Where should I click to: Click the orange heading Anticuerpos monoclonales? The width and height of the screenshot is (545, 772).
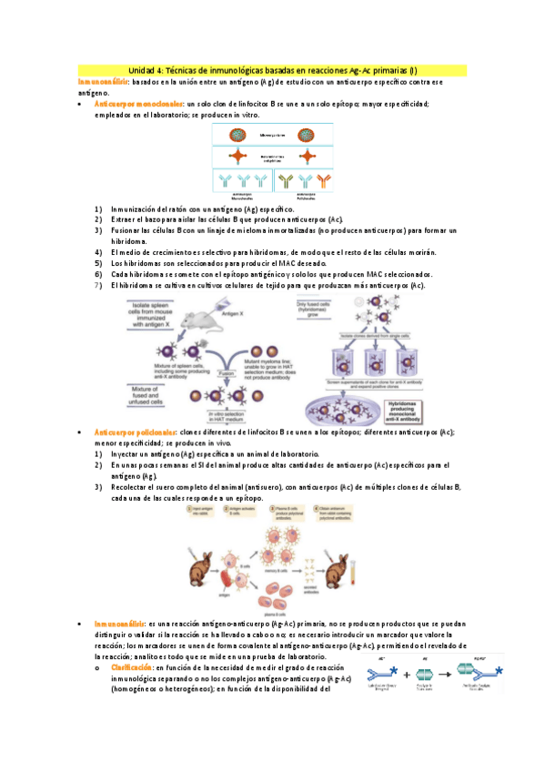point(137,104)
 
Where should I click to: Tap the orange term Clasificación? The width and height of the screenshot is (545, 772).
point(128,668)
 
